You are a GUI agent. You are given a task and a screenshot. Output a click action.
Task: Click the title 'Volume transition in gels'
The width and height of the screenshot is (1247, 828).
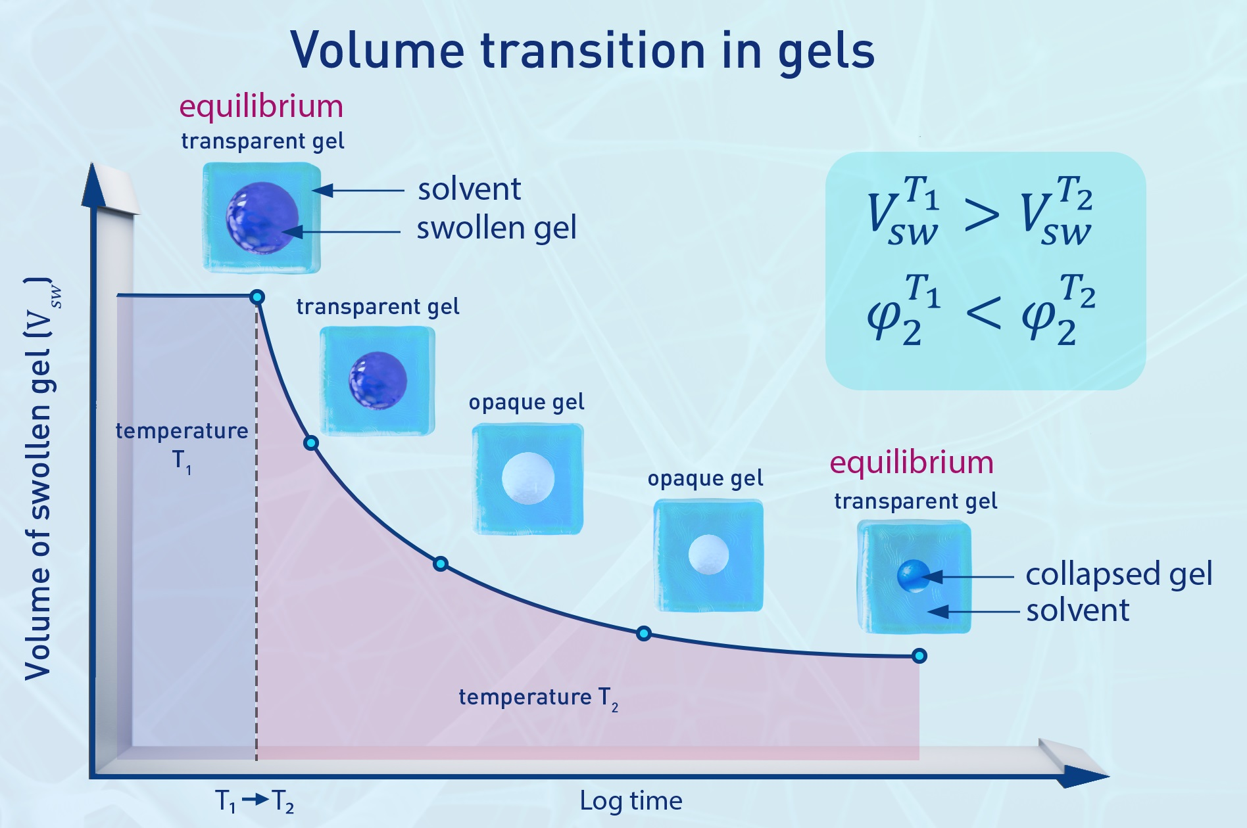click(x=582, y=51)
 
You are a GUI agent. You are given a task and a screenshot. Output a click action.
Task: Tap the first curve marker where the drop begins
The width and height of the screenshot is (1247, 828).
click(x=258, y=297)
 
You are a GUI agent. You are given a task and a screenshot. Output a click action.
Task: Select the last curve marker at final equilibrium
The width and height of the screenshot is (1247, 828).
click(x=919, y=655)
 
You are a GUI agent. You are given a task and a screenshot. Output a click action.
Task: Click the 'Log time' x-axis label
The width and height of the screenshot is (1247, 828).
click(x=631, y=800)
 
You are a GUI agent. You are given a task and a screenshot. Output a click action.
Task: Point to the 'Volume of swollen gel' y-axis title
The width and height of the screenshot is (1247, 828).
click(x=39, y=480)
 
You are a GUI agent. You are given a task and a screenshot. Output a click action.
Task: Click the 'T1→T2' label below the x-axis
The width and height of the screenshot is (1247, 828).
click(x=255, y=800)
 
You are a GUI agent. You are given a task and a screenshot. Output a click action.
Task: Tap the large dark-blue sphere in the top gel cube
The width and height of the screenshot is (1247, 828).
click(x=262, y=218)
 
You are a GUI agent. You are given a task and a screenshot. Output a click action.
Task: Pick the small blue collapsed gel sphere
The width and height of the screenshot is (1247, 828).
click(x=913, y=576)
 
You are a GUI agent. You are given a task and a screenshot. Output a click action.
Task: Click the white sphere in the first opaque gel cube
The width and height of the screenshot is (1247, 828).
click(x=527, y=478)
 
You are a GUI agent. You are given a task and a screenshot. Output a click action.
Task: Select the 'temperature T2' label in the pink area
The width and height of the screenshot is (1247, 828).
click(x=538, y=697)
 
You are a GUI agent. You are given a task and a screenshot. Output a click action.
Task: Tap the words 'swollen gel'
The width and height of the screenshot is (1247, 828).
click(x=497, y=228)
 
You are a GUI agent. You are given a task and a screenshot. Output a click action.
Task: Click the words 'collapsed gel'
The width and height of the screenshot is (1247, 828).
click(x=1119, y=574)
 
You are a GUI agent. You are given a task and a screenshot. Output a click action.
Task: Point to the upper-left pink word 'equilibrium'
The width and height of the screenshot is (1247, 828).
click(x=261, y=106)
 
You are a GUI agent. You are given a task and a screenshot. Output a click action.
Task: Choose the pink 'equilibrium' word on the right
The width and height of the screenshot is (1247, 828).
click(x=911, y=463)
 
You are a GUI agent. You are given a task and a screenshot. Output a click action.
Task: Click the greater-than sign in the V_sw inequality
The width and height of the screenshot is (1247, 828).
click(x=981, y=215)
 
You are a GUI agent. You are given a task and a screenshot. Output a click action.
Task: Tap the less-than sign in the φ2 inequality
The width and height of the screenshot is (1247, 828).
click(x=983, y=313)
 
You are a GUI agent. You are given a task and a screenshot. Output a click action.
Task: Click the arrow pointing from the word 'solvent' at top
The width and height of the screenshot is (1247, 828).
click(x=358, y=191)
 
